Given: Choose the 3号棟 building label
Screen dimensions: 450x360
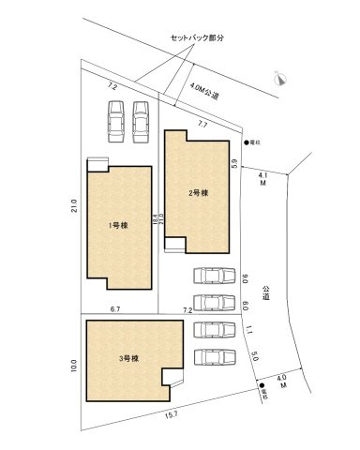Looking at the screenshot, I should (128, 359).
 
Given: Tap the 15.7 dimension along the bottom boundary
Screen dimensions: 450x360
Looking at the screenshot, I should (171, 415).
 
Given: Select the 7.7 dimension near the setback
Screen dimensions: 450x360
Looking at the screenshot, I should (202, 123).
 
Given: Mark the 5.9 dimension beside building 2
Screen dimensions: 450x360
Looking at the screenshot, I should (234, 163).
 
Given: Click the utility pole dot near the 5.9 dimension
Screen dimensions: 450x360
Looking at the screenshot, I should (245, 142).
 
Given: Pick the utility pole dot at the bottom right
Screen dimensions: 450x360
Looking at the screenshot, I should (262, 385).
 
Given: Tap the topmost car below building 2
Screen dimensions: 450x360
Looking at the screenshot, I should (209, 276).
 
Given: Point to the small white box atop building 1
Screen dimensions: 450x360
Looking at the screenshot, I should (97, 163).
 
